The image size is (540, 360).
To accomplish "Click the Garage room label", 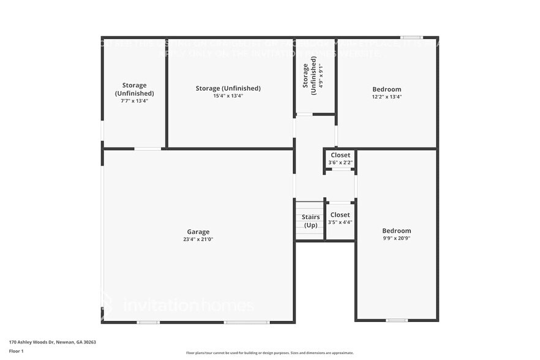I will pyautogui.click(x=198, y=231).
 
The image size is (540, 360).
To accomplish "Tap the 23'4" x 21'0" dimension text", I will pyautogui.click(x=198, y=239).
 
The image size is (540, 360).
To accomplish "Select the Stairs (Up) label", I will pyautogui.click(x=310, y=221).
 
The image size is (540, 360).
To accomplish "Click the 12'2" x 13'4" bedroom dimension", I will pyautogui.click(x=386, y=97).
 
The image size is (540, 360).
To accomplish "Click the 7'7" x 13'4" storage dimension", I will pyautogui.click(x=134, y=101).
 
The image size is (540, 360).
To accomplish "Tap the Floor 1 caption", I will pyautogui.click(x=16, y=351).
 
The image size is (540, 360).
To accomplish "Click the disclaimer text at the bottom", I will pyautogui.click(x=269, y=353).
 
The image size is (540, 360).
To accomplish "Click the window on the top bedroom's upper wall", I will pyautogui.click(x=411, y=37).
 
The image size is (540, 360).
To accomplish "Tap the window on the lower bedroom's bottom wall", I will pyautogui.click(x=397, y=320).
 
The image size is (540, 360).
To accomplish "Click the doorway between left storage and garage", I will pyautogui.click(x=148, y=148).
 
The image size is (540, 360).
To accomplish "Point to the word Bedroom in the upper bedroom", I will pyautogui.click(x=386, y=89).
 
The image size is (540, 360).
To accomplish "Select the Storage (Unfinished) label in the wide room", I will pyautogui.click(x=228, y=88).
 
